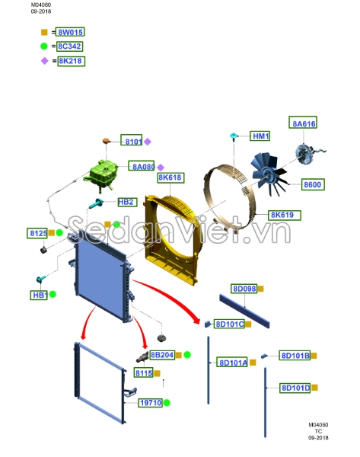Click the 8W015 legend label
pos(70,32)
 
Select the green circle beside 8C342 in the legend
pos(44,46)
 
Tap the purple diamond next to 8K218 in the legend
pos(45,61)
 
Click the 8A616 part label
pos(303,123)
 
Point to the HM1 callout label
pos(260,136)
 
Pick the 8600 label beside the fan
pos(313,184)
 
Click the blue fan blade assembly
pos(269,174)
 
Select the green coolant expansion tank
pos(100,175)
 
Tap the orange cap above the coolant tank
pos(106,141)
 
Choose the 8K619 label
pos(285,215)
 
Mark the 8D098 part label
pos(244,289)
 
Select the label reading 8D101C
pos(229,324)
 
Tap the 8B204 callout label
pos(162,355)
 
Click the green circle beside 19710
pos(167,403)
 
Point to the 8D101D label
pos(295,388)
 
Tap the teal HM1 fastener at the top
pos(234,136)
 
